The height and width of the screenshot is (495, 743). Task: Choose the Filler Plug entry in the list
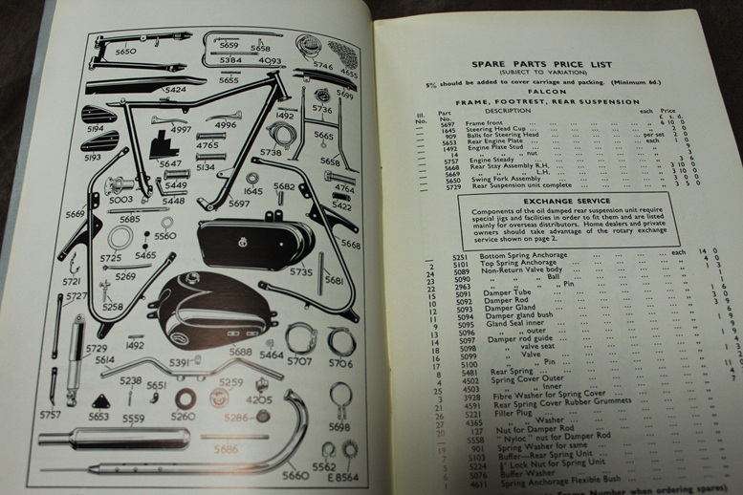pyautogui.click(x=496, y=417)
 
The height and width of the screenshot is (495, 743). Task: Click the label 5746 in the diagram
pyautogui.click(x=322, y=68)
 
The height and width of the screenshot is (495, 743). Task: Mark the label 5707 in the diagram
pyautogui.click(x=299, y=363)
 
